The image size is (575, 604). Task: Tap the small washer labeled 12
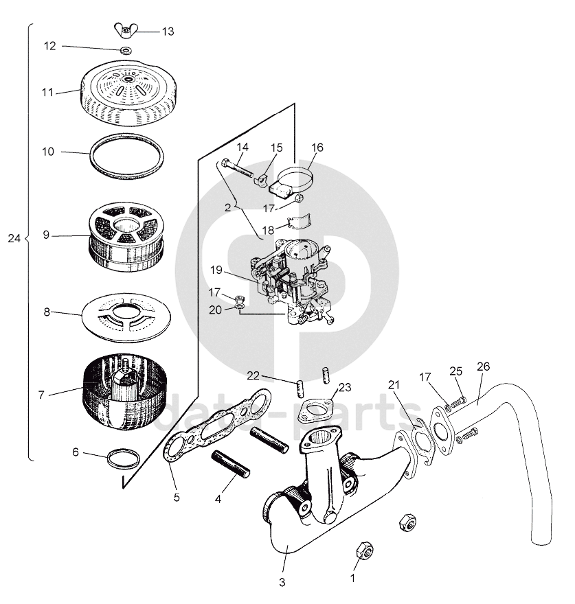click(x=126, y=51)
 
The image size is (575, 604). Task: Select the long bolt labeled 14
click(x=237, y=169)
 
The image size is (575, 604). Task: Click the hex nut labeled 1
click(x=364, y=550)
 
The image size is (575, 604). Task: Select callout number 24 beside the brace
click(x=13, y=238)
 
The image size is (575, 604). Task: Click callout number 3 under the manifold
click(x=282, y=583)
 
